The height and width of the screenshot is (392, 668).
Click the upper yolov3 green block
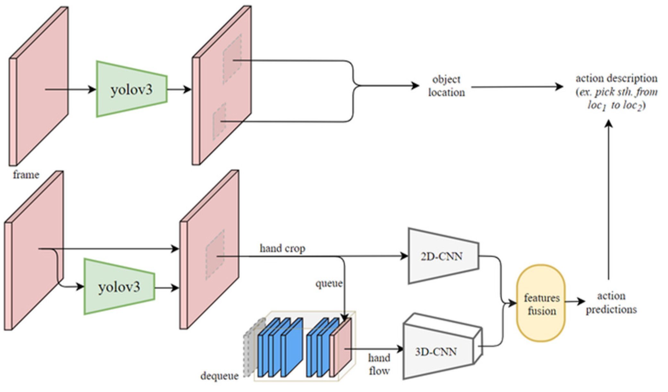[132, 89]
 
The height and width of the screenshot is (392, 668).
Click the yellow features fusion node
[541, 304]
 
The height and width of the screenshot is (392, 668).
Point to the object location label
[446, 86]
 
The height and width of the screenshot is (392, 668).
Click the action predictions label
[611, 303]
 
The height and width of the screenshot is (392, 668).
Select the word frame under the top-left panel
[26, 175]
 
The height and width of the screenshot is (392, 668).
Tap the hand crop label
[282, 248]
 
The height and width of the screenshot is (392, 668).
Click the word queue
[329, 283]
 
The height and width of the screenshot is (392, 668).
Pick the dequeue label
[219, 376]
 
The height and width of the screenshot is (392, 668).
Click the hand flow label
[379, 364]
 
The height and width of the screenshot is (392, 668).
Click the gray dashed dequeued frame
[250, 348]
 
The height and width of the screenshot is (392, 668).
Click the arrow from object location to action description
[517, 87]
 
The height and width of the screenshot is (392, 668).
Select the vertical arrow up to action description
[608, 199]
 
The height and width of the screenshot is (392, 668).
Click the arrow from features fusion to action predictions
[575, 301]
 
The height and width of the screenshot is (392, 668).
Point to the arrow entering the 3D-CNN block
[375, 349]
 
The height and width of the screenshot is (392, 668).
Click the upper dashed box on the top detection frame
[232, 59]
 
